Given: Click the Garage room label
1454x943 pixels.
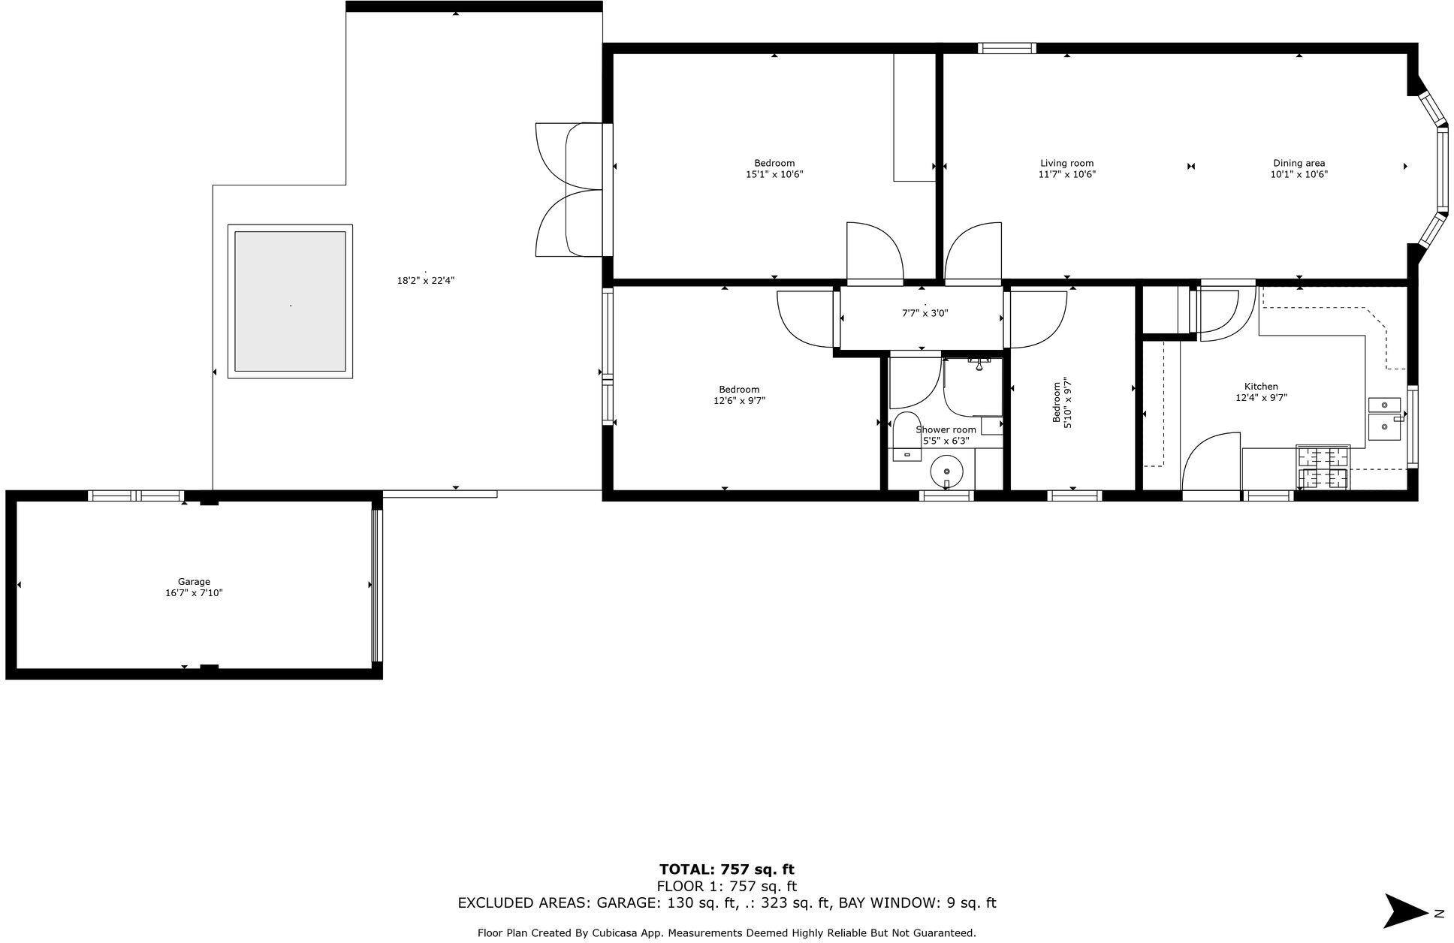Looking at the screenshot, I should [194, 581].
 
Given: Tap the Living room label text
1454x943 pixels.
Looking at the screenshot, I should [1066, 163].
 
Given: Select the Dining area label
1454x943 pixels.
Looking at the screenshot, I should [1299, 163].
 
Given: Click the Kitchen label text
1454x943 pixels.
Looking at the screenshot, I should [1261, 387].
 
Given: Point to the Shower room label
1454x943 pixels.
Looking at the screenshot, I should [946, 429].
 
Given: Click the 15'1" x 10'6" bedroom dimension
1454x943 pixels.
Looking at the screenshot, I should [774, 174].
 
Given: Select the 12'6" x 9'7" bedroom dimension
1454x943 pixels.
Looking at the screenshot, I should [739, 401].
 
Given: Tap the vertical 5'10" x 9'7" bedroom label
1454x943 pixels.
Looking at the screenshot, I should [1061, 403].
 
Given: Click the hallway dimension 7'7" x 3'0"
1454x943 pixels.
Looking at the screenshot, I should [925, 314].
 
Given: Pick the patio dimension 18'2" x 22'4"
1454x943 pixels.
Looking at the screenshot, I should [426, 281].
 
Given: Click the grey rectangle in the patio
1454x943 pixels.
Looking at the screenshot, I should [290, 301].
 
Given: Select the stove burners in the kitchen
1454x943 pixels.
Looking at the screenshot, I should [1323, 467].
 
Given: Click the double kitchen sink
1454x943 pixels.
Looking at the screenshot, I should [1384, 418].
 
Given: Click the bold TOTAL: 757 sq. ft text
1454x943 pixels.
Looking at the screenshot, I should [726, 869].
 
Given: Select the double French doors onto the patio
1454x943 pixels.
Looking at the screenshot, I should [569, 190].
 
